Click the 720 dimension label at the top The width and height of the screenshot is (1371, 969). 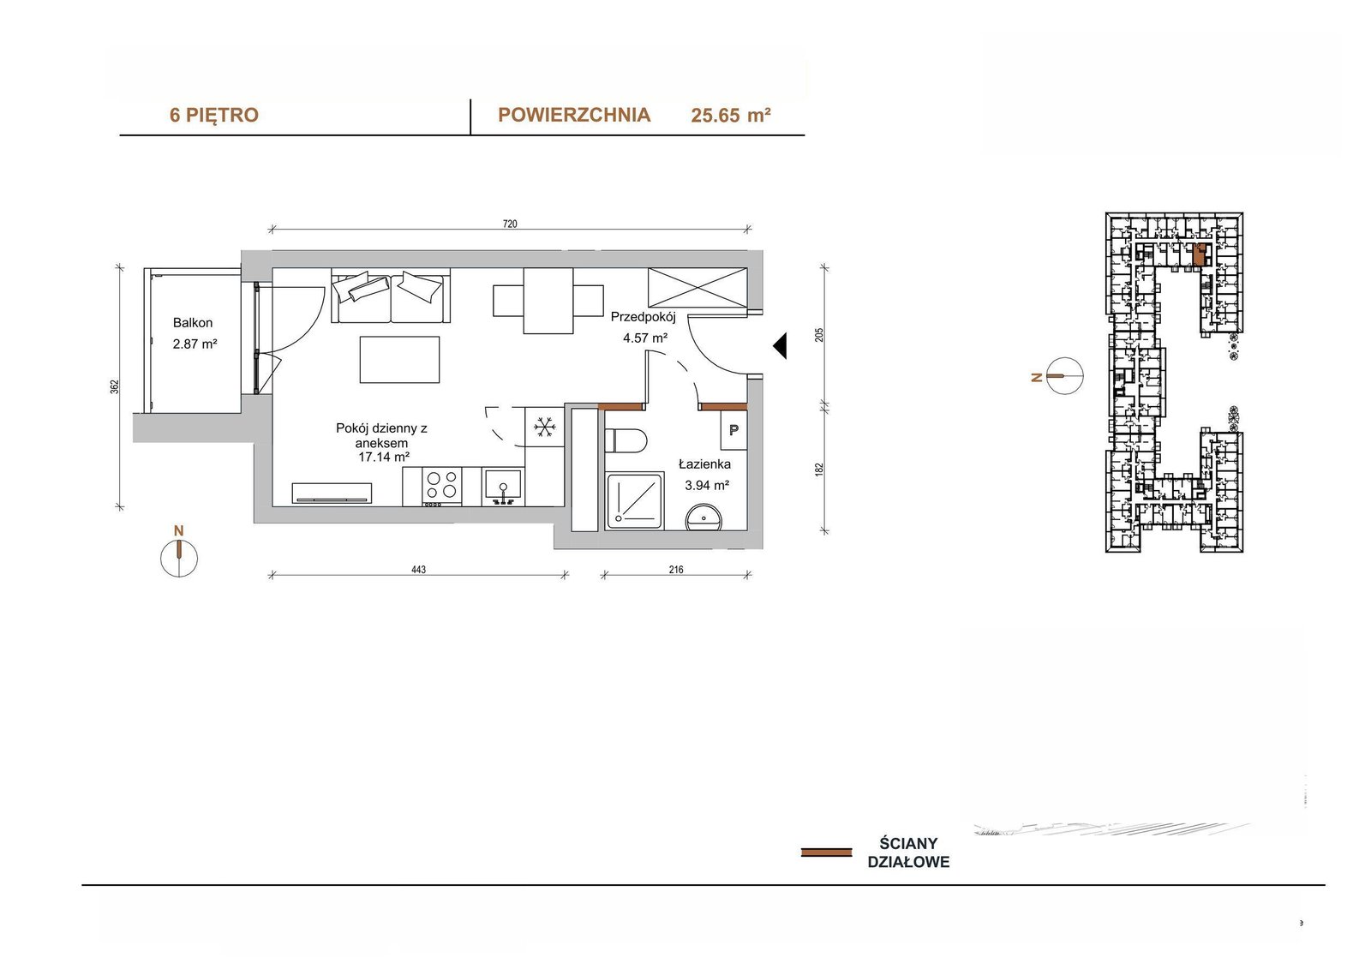click(x=510, y=224)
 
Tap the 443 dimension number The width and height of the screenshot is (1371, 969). click(x=419, y=570)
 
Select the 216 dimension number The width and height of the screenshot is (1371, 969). click(x=676, y=570)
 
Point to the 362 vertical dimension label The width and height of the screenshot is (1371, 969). click(x=115, y=386)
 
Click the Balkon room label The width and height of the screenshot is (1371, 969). click(x=193, y=323)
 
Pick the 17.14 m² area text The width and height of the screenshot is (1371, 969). click(x=384, y=457)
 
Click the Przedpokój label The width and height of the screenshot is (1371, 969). click(x=644, y=317)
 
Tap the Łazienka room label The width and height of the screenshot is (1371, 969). click(x=704, y=464)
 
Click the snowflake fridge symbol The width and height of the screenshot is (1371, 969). click(x=544, y=427)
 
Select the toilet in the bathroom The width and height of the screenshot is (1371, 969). click(x=626, y=440)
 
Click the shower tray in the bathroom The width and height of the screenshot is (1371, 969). click(x=635, y=500)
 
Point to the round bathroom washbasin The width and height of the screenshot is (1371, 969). click(x=703, y=517)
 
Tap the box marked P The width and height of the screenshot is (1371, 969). click(x=733, y=430)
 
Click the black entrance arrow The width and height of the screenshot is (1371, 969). click(x=780, y=346)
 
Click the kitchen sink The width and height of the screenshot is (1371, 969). click(x=503, y=487)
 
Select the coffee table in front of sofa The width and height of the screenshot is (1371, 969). click(x=399, y=359)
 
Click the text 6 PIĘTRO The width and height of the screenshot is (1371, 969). click(x=214, y=115)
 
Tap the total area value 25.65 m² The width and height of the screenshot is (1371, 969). click(x=731, y=115)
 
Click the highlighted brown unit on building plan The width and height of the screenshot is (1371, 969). click(x=1200, y=254)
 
